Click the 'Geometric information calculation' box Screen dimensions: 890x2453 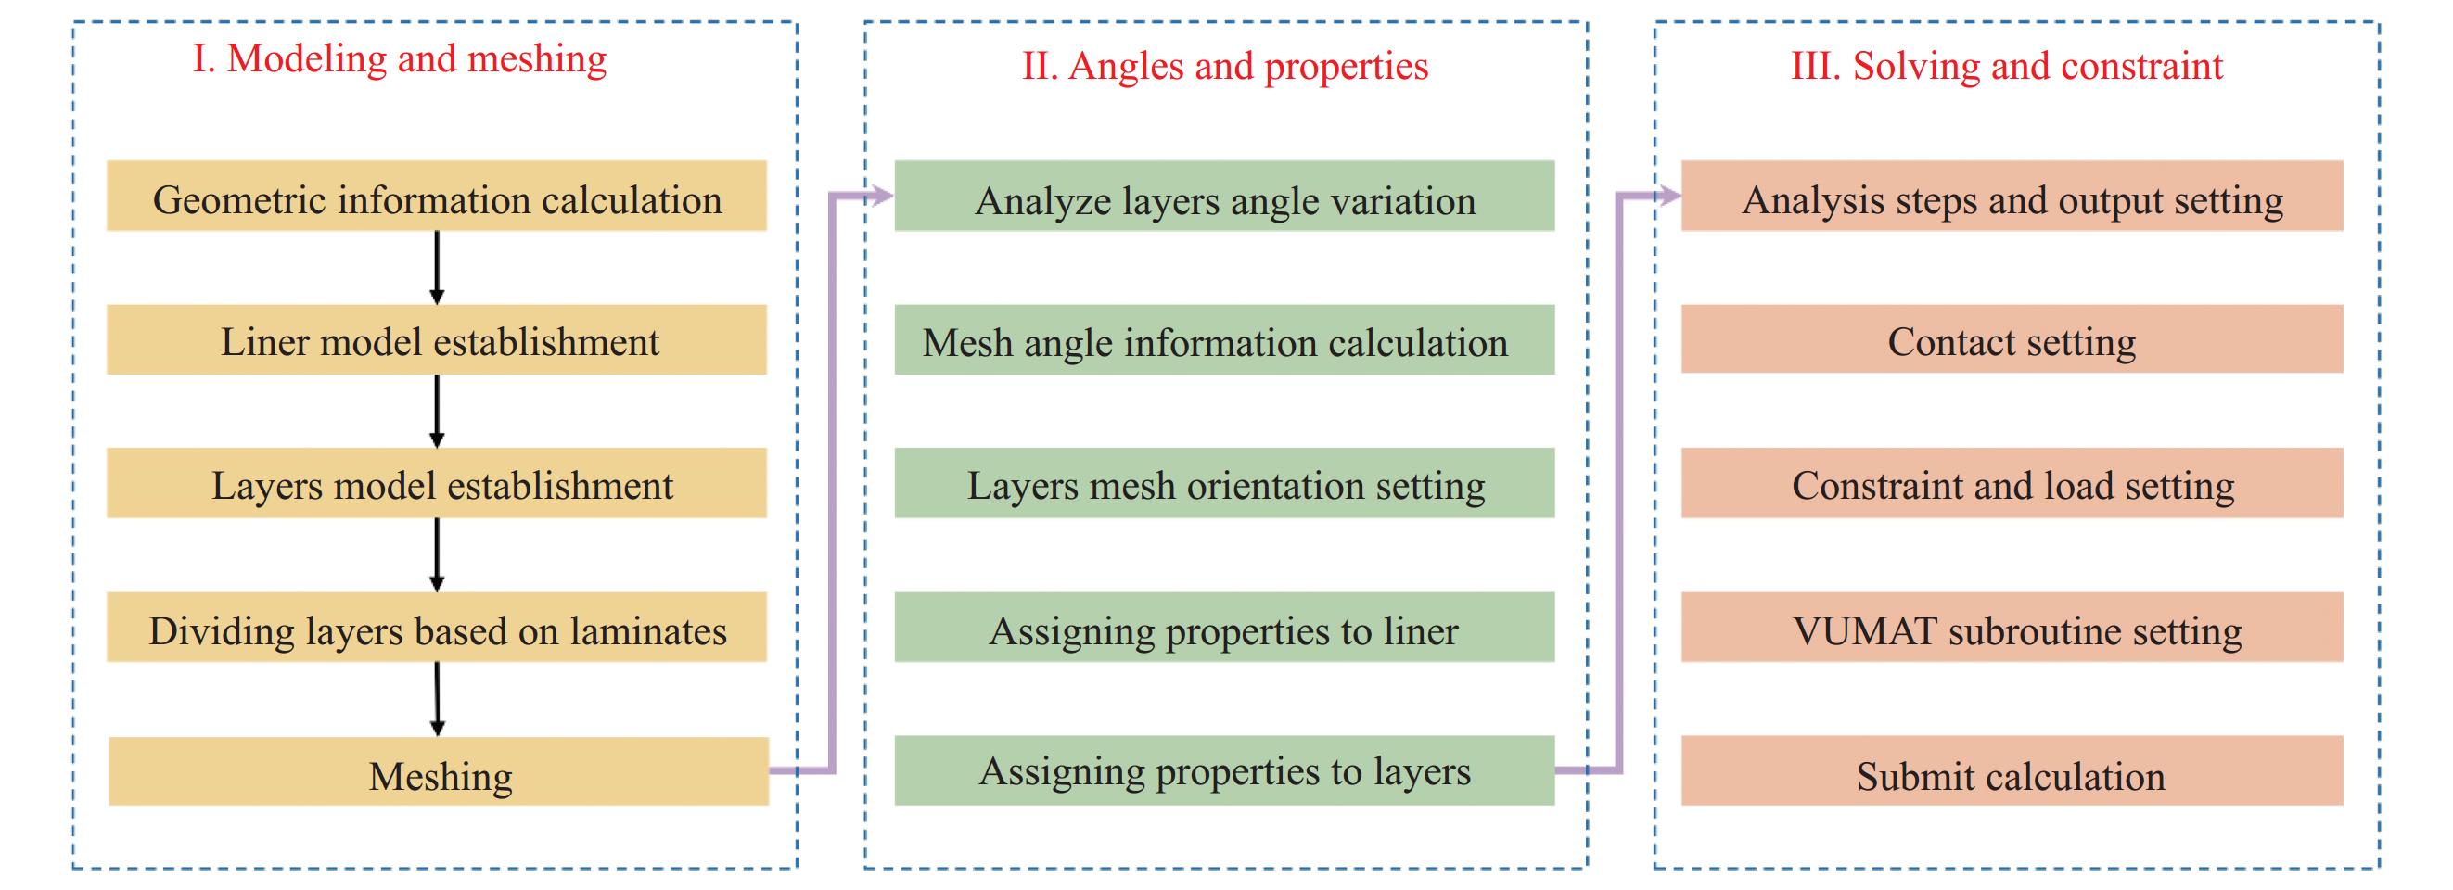click(436, 197)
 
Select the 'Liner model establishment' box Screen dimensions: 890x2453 click(436, 340)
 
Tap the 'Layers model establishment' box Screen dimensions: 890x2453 click(436, 484)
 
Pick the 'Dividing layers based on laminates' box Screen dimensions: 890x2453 click(436, 628)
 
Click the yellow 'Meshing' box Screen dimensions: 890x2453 click(438, 772)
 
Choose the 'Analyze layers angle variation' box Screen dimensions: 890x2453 click(1223, 197)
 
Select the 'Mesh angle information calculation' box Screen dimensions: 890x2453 click(1223, 340)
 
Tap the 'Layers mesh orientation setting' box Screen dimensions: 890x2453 click(1223, 484)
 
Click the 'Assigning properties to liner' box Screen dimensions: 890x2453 click(1223, 628)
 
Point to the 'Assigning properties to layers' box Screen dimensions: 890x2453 click(1223, 771)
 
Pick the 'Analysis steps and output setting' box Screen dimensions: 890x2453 click(2012, 197)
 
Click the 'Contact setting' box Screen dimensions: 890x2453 click(2012, 340)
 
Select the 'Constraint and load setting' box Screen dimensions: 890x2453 click(2012, 484)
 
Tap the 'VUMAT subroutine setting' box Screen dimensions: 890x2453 click(2012, 628)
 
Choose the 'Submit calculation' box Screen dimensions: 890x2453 click(2012, 772)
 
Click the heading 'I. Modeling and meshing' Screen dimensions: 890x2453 click(399, 59)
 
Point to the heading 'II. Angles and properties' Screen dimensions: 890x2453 click(1224, 67)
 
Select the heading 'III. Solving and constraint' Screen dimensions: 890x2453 click(2006, 67)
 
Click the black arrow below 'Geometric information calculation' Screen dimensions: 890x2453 click(437, 268)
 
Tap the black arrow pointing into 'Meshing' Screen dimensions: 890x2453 click(437, 699)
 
